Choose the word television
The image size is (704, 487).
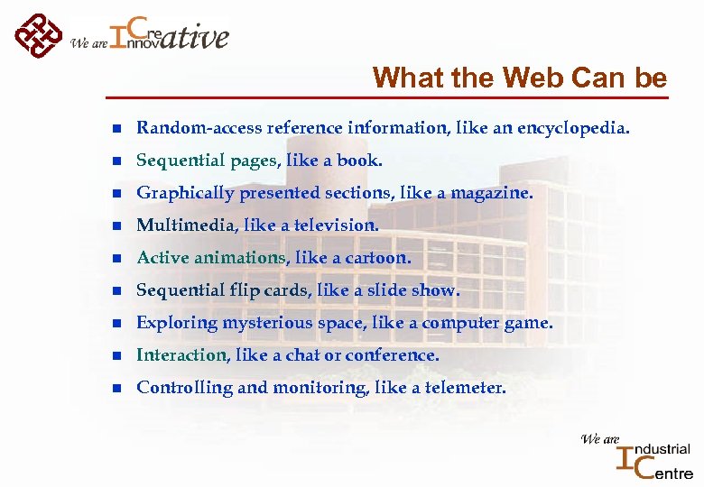(x=335, y=225)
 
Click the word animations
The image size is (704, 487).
(x=238, y=258)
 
